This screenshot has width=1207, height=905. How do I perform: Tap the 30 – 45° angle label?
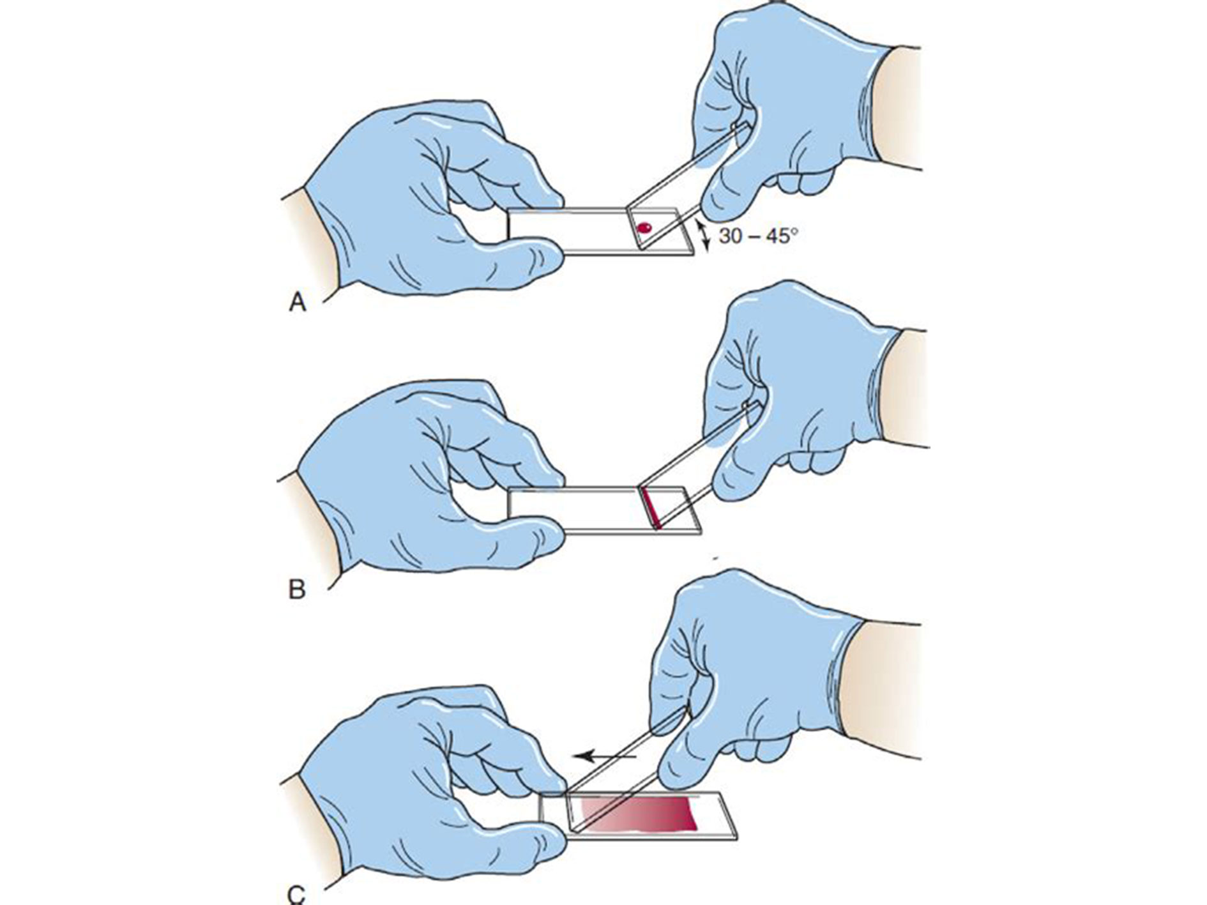tap(758, 236)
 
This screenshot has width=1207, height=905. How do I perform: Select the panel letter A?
tap(298, 301)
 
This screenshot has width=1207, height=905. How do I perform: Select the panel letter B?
tap(297, 589)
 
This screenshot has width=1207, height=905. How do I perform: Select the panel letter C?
tap(297, 895)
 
